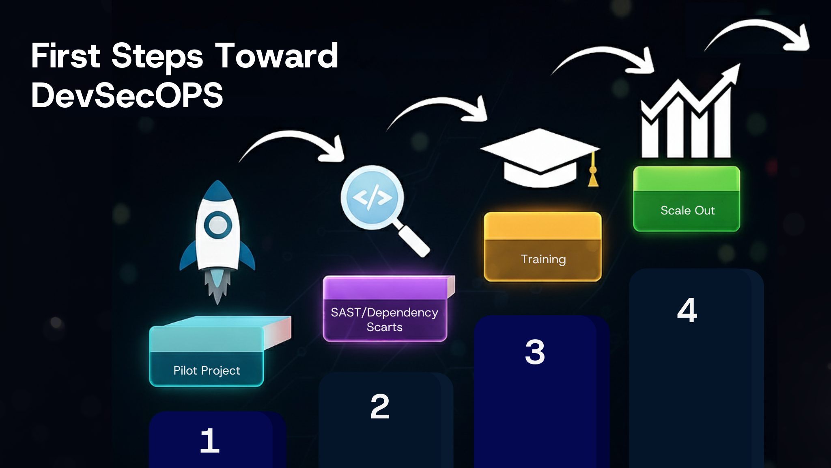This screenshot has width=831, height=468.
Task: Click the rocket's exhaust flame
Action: (217, 284)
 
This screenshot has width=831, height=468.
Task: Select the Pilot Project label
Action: (207, 370)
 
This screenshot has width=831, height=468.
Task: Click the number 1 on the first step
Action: (210, 440)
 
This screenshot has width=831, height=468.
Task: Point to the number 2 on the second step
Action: (380, 406)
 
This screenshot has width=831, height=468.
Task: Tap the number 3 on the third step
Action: (535, 352)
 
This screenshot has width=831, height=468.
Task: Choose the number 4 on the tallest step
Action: (687, 310)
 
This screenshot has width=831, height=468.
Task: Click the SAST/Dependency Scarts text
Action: (384, 319)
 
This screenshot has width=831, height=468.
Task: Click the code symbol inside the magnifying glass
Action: (372, 197)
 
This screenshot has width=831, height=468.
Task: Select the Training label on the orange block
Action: (543, 259)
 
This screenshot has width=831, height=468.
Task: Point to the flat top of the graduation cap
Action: (540, 148)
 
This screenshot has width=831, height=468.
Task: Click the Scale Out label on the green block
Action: (687, 210)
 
